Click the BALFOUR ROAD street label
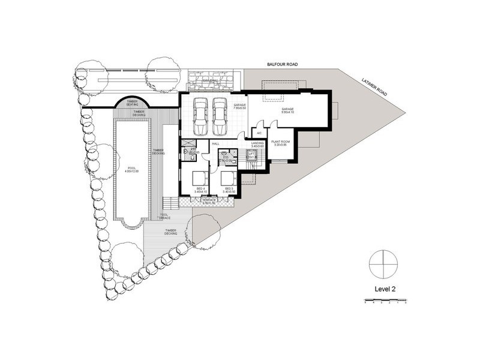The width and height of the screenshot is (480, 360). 283,64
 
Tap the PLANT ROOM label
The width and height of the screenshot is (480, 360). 280,143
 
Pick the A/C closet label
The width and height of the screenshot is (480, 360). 259,133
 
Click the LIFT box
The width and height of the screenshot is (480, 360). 252,156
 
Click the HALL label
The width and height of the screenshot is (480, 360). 215,144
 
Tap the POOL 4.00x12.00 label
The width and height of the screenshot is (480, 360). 131,170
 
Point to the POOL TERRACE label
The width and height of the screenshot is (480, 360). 164,217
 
